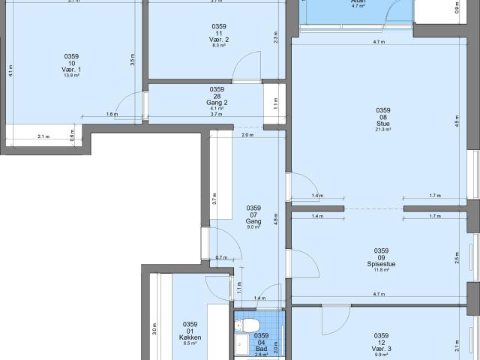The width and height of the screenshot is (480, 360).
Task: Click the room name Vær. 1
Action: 71,70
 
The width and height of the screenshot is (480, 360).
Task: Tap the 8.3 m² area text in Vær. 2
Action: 219,46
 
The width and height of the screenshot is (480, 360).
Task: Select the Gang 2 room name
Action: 217,102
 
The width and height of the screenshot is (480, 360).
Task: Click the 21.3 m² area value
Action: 383,130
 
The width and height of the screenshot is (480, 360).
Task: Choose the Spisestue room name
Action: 381,263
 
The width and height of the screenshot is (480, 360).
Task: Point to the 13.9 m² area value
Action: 71,76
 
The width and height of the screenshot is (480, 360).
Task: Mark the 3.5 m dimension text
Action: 132,61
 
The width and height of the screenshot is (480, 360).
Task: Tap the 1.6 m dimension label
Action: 112,115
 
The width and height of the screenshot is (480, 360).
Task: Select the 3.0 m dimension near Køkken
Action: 155,328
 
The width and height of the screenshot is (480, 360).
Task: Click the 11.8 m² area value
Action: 381,270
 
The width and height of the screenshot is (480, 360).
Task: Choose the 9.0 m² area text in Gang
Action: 253,227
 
